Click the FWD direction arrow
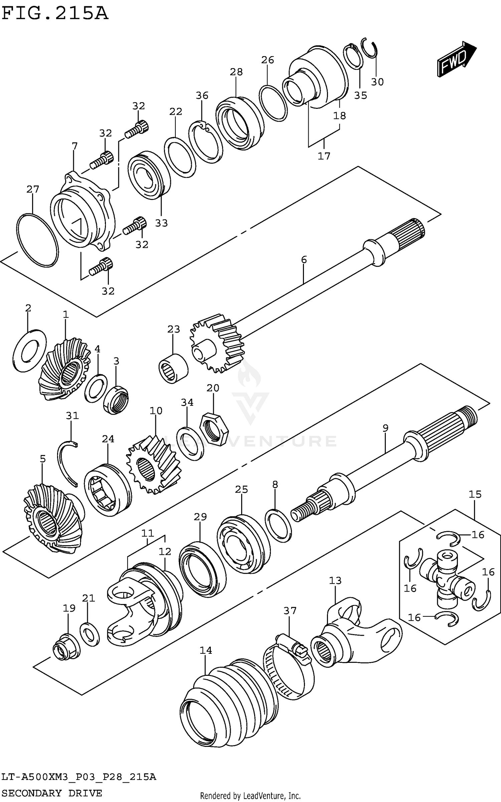point(456,59)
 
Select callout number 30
point(377,82)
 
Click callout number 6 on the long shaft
point(304,259)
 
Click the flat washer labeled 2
point(29,351)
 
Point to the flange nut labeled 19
point(66,647)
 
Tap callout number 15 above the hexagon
point(475,494)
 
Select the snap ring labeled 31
point(68,462)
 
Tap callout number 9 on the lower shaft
point(385,428)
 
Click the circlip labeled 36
point(205,142)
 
